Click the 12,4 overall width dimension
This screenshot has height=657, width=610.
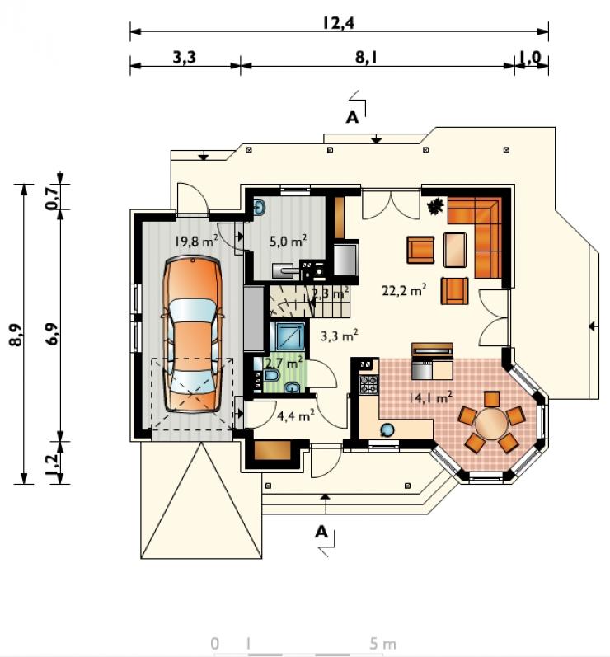click(x=339, y=22)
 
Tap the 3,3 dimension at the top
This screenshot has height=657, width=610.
click(x=185, y=57)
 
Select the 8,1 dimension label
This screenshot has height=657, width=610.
click(x=366, y=57)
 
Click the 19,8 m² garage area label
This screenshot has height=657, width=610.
click(x=196, y=241)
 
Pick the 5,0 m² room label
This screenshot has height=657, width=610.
click(x=288, y=241)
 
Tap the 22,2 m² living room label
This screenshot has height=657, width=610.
click(x=404, y=290)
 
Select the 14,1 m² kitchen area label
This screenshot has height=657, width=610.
click(x=430, y=397)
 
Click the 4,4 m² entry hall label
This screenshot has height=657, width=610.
click(x=296, y=415)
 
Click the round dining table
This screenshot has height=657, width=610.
click(x=490, y=422)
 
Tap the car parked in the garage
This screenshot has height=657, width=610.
click(x=193, y=335)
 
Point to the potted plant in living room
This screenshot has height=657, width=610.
click(x=435, y=206)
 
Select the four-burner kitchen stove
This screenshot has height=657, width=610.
click(x=368, y=384)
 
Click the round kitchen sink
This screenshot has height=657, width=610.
click(x=387, y=429)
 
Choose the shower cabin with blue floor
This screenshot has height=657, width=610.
click(x=288, y=336)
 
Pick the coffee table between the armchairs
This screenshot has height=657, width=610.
click(x=455, y=250)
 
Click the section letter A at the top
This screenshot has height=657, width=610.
click(x=352, y=118)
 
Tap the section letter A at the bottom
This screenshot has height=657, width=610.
click(x=321, y=532)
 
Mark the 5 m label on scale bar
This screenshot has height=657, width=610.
click(x=382, y=644)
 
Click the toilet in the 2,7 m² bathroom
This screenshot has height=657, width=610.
click(x=271, y=375)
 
